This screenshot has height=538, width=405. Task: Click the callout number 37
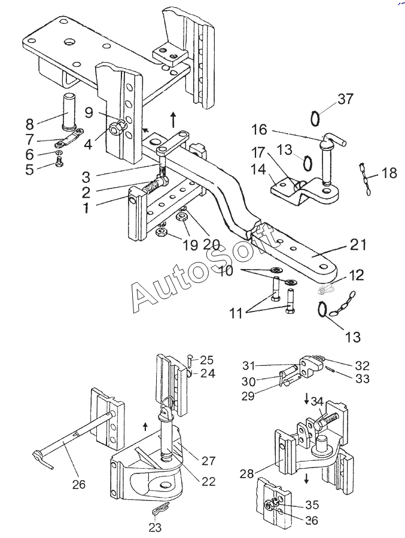click(x=345, y=99)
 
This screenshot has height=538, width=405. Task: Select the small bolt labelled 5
click(x=59, y=161)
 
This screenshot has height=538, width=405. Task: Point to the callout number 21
click(x=358, y=244)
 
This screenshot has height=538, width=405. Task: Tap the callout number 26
click(x=78, y=484)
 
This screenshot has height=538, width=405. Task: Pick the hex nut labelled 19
click(x=161, y=233)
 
